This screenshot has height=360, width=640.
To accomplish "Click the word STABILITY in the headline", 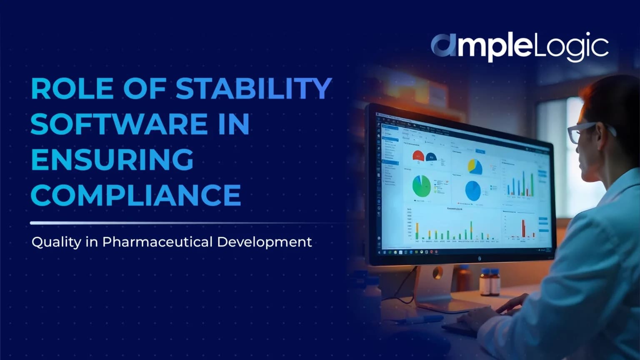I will pyautogui.click(x=253, y=88).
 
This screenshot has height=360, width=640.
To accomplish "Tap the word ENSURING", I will pyautogui.click(x=112, y=159).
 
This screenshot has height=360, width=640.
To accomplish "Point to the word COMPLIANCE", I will pyautogui.click(x=136, y=195).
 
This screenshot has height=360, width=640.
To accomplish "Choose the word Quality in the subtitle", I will pyautogui.click(x=56, y=242).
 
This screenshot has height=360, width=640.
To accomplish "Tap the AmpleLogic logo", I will pyautogui.click(x=519, y=46).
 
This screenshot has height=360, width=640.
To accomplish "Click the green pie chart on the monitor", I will pyautogui.click(x=422, y=186).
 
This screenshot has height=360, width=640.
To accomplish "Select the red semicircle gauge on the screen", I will pyautogui.click(x=418, y=156).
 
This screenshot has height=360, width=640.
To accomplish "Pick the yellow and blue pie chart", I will pyautogui.click(x=475, y=166).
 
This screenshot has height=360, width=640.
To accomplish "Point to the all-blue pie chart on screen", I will pyautogui.click(x=473, y=191).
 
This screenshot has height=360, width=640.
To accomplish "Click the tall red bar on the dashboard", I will pyautogui.click(x=523, y=228).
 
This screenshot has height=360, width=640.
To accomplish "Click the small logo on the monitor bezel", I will pyautogui.click(x=480, y=258).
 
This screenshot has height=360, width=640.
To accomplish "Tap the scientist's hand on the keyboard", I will pyautogui.click(x=510, y=303).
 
